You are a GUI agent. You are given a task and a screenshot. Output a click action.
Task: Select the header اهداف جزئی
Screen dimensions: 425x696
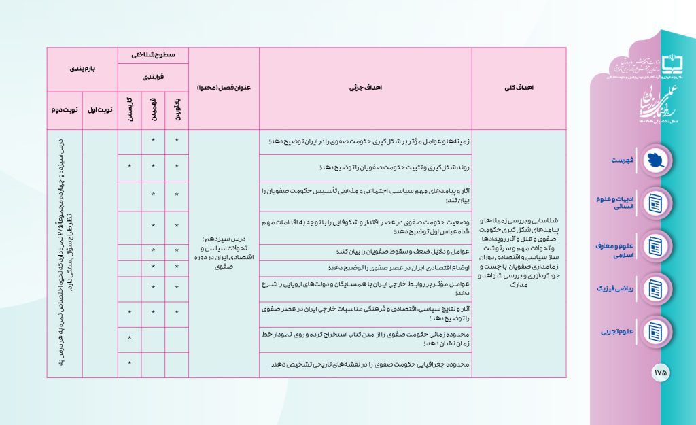pyautogui.click(x=366, y=88)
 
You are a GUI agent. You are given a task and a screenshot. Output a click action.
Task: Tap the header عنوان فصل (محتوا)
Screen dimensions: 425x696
pyautogui.click(x=224, y=88)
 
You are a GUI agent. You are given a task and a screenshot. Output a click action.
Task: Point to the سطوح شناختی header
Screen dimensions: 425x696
pyautogui.click(x=153, y=54)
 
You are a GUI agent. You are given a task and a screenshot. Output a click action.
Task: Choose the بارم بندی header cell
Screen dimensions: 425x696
pyautogui.click(x=82, y=69)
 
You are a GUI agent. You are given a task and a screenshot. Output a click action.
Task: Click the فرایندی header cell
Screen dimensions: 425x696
pyautogui.click(x=153, y=78)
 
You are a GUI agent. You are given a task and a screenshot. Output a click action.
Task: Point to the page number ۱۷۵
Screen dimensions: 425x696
pyautogui.click(x=660, y=373)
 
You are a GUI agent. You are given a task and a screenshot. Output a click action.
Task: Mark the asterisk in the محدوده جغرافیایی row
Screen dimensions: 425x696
pyautogui.click(x=129, y=364)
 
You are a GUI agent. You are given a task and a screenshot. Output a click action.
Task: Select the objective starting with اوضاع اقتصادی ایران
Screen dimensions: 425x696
pyautogui.click(x=366, y=268)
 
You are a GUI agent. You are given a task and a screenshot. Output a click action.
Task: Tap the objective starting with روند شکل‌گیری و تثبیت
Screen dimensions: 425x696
pyautogui.click(x=366, y=167)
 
